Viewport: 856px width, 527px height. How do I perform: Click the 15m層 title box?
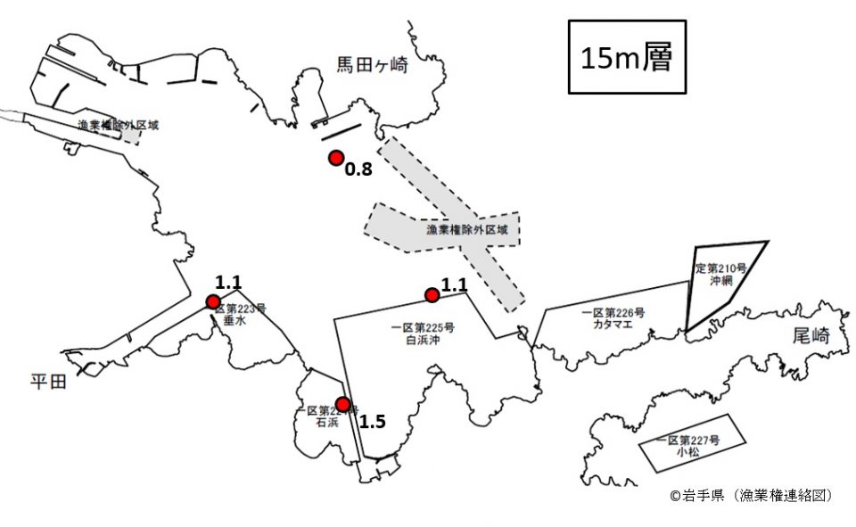pos(626,57)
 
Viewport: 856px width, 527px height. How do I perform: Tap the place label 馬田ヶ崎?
pos(371,64)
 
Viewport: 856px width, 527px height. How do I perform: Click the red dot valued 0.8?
pos(336,158)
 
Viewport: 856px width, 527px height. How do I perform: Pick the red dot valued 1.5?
pos(342,404)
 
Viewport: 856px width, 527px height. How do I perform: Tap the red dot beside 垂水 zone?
pos(213,301)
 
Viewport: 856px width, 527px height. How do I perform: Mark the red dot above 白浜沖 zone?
pos(432,295)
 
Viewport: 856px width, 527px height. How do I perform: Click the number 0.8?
pos(358,169)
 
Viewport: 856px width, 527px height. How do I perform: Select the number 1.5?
pos(373,421)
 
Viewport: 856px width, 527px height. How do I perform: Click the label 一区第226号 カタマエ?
pos(613,319)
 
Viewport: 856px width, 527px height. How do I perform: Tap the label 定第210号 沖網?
pos(720,273)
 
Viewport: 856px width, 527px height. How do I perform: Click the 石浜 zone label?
pos(327,416)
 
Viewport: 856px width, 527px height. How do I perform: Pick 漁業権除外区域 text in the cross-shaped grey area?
pos(466,230)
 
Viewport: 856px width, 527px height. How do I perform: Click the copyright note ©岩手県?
pos(751,495)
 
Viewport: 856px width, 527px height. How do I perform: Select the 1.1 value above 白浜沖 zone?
pos(455,284)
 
